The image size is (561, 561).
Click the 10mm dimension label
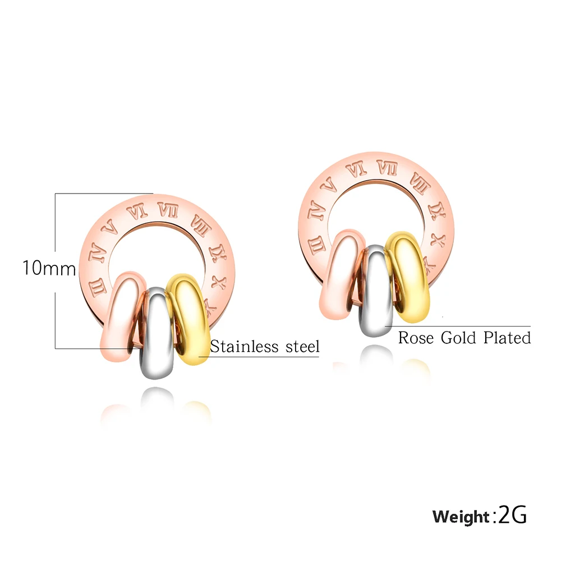coord(49,268)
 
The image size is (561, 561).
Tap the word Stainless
coord(244,346)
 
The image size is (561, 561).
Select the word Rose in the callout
coord(416,337)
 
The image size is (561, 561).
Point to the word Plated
coord(507,337)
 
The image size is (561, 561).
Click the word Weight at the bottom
coord(461,517)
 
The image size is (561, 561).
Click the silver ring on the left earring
coord(157,333)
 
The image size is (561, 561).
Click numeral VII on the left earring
coord(168,210)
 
